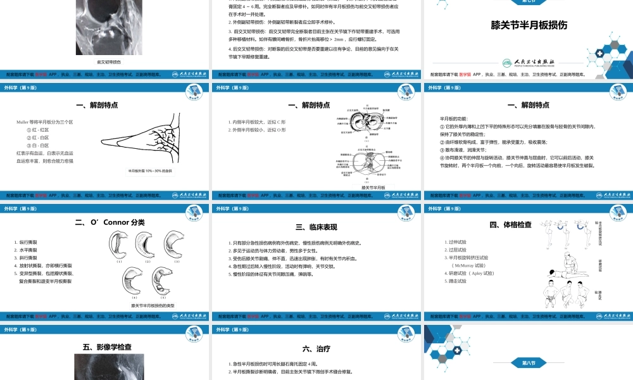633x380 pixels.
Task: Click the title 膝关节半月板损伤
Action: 529,26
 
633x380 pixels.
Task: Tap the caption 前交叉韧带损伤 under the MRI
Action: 106,62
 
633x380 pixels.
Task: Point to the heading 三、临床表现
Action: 316,227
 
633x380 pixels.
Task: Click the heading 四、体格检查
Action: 510,224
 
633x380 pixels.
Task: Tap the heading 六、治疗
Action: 316,348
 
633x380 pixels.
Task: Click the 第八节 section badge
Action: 528,363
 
